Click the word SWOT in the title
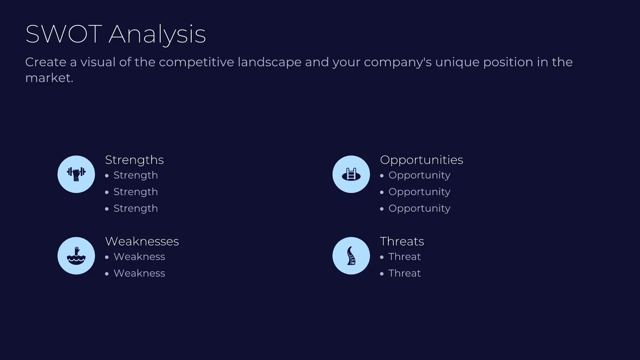click(63, 34)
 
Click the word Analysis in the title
click(157, 34)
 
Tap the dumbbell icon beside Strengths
click(76, 174)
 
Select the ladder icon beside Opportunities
click(351, 174)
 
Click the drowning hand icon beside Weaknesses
click(76, 256)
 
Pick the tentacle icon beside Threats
click(351, 256)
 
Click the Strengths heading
click(134, 160)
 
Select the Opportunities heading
click(421, 160)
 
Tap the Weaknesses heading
click(142, 241)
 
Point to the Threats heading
click(402, 241)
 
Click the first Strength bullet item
click(136, 175)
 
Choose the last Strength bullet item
click(136, 208)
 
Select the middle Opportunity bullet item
click(419, 192)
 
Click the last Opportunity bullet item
click(419, 208)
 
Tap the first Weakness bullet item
click(139, 257)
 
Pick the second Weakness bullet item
click(139, 273)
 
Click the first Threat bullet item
click(405, 257)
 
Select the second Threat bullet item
click(405, 273)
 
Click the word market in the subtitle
click(49, 78)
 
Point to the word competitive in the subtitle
click(196, 62)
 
